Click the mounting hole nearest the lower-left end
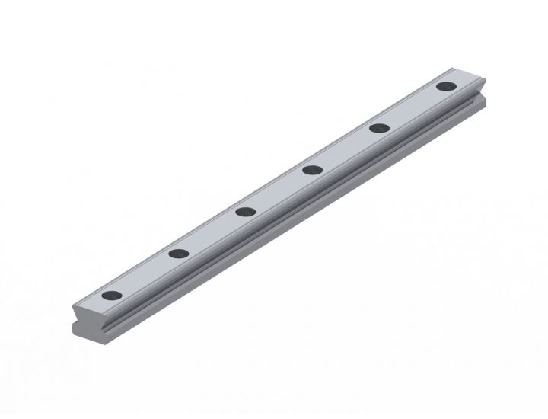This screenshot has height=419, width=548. [111, 296]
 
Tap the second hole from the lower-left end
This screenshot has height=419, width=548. [178, 254]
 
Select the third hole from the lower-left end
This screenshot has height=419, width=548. [244, 211]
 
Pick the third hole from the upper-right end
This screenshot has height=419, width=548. [311, 169]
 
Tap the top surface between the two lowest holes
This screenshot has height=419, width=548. [145, 274]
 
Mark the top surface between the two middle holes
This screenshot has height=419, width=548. [278, 190]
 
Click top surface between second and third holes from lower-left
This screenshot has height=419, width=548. [212, 232]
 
